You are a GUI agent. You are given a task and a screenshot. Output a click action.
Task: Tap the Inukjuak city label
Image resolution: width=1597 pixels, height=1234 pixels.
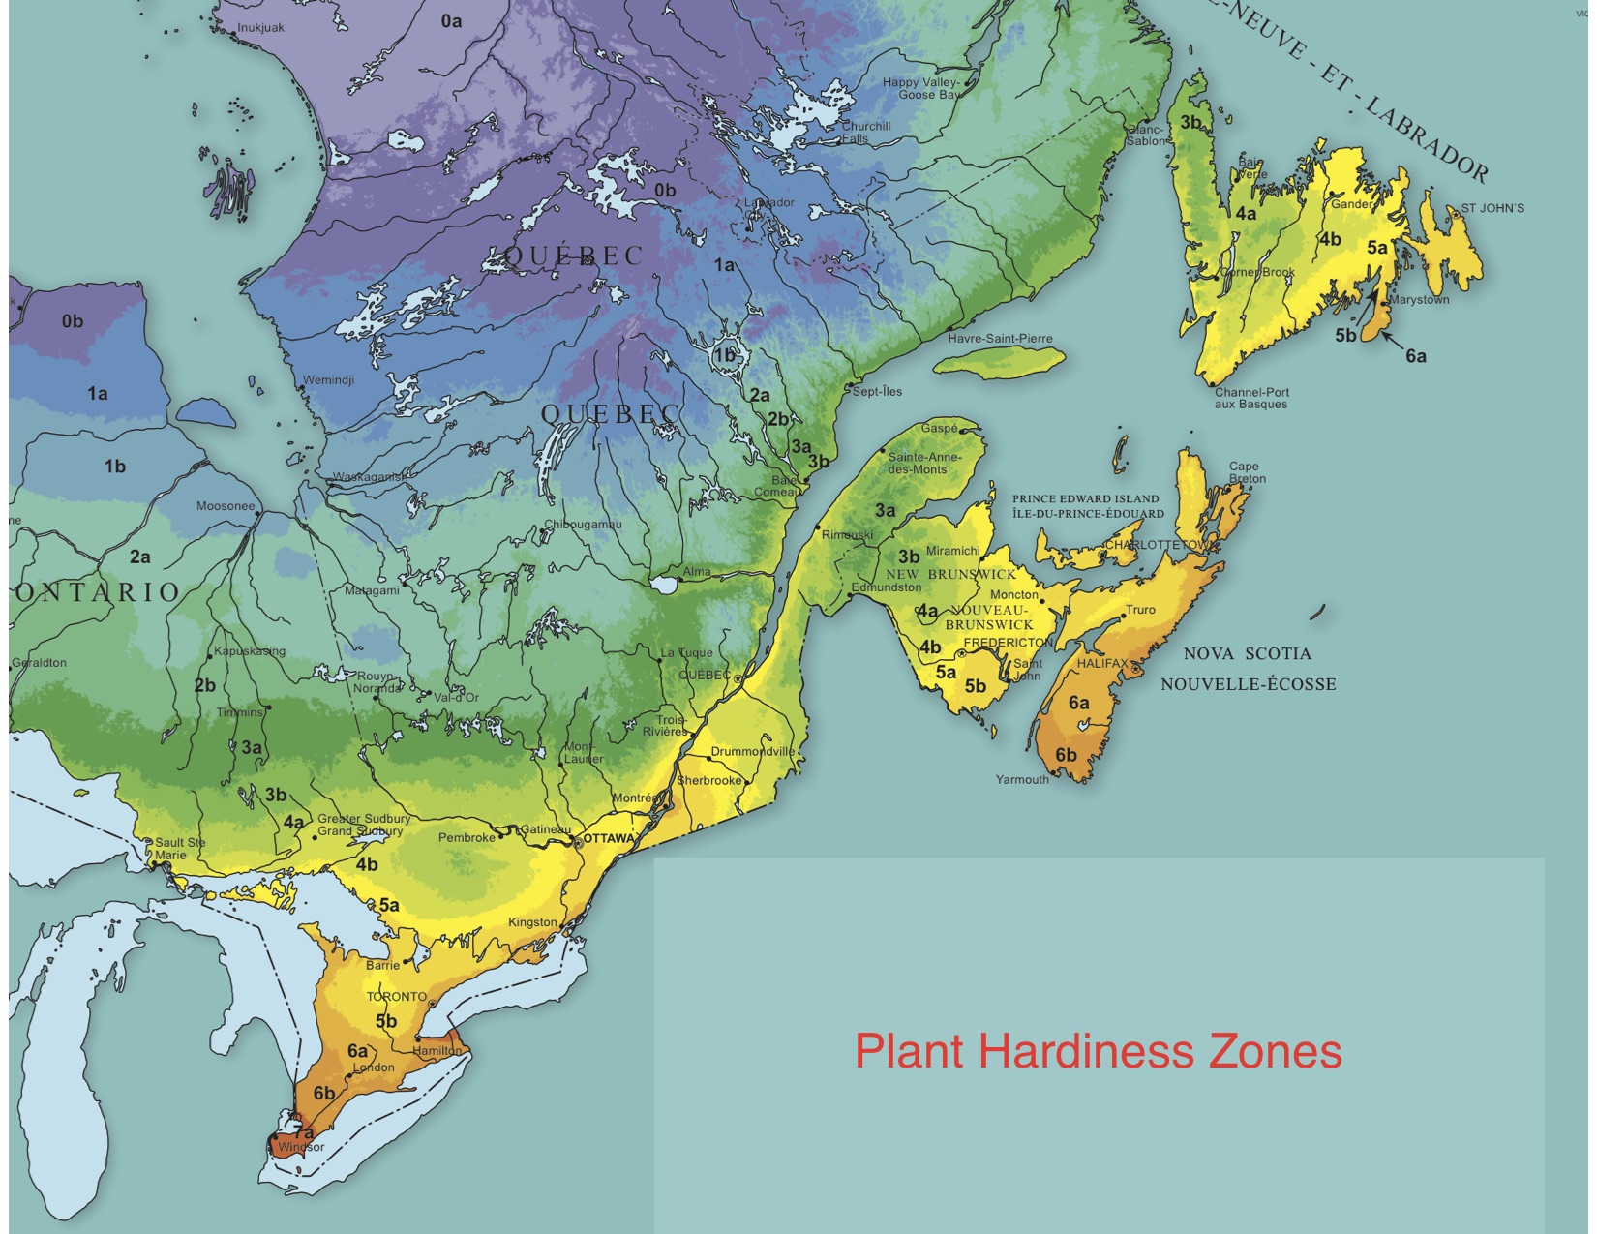click(x=260, y=27)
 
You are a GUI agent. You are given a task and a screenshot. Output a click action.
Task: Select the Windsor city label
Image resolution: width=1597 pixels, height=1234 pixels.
click(x=300, y=1148)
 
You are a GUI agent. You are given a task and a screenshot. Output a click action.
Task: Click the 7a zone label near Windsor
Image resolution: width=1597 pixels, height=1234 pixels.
click(x=304, y=1131)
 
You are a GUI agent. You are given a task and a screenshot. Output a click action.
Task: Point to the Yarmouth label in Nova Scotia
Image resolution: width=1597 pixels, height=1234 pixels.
click(x=1022, y=779)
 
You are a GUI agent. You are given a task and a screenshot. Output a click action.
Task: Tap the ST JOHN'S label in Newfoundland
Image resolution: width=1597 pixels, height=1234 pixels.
click(x=1492, y=208)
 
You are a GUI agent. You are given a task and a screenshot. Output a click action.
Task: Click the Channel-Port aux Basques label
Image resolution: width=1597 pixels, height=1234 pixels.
click(x=1251, y=399)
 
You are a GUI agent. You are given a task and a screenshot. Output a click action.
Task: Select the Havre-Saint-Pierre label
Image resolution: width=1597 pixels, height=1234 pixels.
click(x=1000, y=339)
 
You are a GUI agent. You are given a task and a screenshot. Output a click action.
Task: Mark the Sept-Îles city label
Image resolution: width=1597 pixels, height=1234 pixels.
click(x=877, y=391)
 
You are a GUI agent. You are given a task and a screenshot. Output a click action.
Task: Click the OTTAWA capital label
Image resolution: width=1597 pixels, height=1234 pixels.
click(x=609, y=838)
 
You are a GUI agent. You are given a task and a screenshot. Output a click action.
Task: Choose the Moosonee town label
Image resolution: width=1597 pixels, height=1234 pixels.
click(x=226, y=506)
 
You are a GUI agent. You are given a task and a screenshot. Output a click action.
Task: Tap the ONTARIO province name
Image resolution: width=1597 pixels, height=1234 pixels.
click(x=98, y=592)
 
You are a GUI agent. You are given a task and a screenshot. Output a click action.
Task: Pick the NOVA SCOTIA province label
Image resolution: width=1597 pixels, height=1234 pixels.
click(x=1247, y=653)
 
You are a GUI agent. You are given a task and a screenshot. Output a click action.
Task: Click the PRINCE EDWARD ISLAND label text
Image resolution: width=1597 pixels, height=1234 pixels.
click(x=1085, y=499)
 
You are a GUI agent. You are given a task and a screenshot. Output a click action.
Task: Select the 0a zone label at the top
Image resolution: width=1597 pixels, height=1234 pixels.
click(x=451, y=20)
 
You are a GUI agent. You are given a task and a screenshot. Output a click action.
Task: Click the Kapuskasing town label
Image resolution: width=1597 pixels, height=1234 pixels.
click(x=250, y=651)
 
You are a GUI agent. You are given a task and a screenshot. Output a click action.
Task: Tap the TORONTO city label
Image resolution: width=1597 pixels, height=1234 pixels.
click(x=396, y=996)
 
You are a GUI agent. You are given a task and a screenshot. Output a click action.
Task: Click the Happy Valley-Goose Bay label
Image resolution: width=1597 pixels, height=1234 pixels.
click(x=920, y=89)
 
